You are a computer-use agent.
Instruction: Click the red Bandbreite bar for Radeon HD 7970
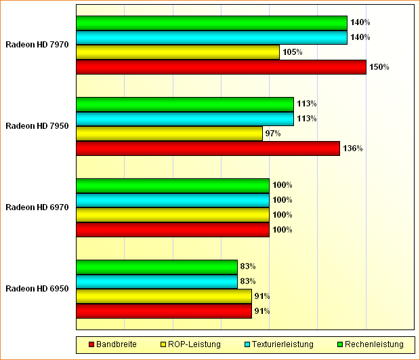pos(221,67)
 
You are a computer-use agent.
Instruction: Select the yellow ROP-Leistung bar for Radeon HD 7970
pos(177,52)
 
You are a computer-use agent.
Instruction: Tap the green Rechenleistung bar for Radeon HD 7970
pos(211,23)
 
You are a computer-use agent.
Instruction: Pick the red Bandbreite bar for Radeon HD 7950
pos(208,148)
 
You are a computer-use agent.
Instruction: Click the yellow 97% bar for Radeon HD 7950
pos(169,134)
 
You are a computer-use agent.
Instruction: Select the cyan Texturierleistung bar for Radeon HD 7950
pos(185,119)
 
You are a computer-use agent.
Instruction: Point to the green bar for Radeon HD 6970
pos(173,185)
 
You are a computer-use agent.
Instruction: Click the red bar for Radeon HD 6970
pos(173,230)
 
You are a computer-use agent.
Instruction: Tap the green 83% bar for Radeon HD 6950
pos(156,266)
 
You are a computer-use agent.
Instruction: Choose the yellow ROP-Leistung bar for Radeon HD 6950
pos(164,296)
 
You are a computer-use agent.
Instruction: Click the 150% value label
pos(379,67)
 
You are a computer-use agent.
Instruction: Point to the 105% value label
pos(292,52)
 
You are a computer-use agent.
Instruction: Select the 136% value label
pos(352,148)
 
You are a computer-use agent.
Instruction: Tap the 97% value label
pos(273,134)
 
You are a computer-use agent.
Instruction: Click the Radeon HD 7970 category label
pos(37,45)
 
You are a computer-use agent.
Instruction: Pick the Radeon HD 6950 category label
pos(37,289)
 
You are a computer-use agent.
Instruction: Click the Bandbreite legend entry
pos(112,344)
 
